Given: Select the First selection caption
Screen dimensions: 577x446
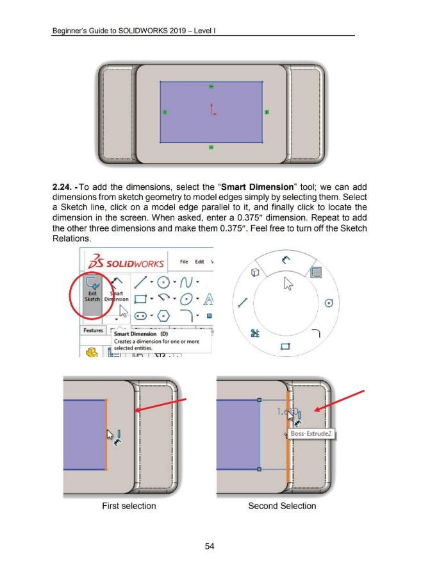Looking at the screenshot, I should [x=129, y=506].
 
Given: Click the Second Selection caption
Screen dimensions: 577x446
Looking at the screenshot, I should [x=282, y=506].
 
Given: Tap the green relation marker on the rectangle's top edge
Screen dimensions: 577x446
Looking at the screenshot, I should [x=211, y=87].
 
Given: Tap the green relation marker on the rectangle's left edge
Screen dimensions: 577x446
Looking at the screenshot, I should [x=165, y=112].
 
